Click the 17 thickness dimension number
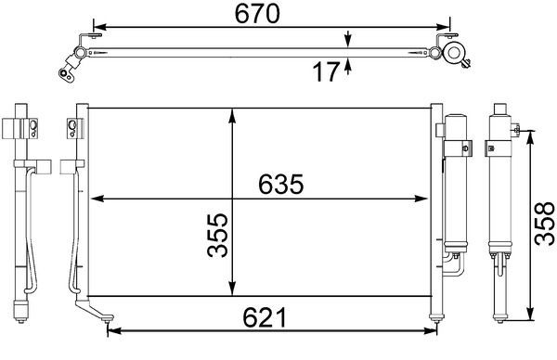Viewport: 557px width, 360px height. pos(325,71)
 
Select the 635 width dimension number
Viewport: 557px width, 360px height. pos(275,185)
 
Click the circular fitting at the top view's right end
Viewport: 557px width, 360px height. pos(456,53)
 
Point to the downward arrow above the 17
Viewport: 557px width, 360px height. pos(348,40)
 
